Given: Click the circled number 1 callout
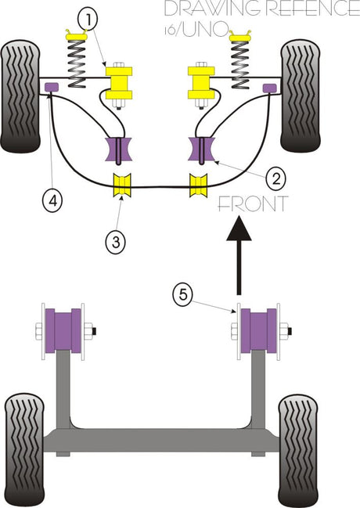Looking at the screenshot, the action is click(88, 20).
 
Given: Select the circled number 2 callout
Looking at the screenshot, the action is click(275, 178).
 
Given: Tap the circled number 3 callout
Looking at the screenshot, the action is click(116, 241).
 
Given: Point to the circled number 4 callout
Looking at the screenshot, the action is click(52, 201).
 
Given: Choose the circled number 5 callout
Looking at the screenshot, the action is click(183, 294).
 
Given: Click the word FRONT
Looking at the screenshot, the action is click(253, 204).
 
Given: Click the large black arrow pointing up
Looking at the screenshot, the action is click(239, 256).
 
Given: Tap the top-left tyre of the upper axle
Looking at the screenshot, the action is click(20, 96).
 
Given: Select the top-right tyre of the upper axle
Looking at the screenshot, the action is click(301, 95).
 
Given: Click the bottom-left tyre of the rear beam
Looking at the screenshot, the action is click(24, 450).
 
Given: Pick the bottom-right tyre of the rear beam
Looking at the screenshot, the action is click(298, 451).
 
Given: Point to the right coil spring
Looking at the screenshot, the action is click(240, 59).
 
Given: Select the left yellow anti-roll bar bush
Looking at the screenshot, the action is click(122, 185).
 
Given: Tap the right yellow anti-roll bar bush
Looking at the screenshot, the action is click(198, 185).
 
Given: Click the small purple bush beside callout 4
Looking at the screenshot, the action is click(51, 87).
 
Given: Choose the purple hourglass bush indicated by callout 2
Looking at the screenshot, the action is click(201, 149).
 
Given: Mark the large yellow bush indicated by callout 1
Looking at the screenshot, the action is click(119, 83).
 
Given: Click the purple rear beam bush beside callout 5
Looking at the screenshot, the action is click(258, 330).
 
